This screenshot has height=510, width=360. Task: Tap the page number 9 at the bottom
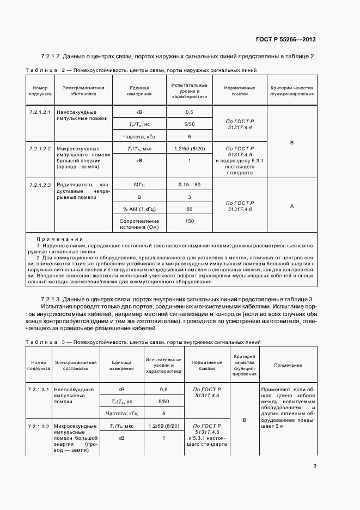[314, 465]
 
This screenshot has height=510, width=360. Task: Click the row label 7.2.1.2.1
[40, 112]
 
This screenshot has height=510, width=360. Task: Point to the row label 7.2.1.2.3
[40, 185]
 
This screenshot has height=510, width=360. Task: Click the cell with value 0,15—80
[190, 185]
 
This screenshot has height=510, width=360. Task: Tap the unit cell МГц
[139, 185]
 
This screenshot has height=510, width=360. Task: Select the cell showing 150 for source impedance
[190, 221]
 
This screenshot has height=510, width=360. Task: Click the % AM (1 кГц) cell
[139, 209]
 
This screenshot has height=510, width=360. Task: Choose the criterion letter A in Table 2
[292, 206]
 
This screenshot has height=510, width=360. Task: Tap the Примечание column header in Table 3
[288, 365]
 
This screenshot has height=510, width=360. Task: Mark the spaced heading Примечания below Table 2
[59, 239]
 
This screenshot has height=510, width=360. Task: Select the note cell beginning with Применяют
[288, 409]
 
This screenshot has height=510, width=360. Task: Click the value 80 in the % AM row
[190, 209]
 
